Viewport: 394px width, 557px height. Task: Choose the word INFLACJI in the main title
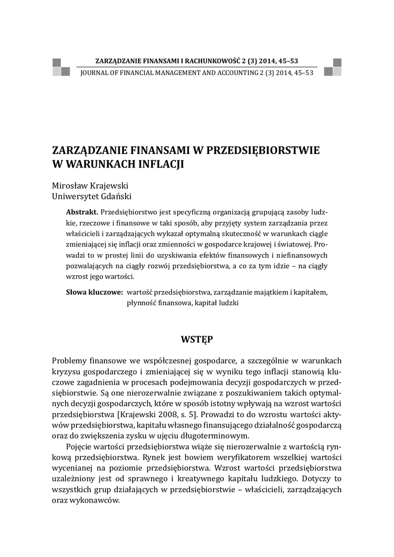click(x=162, y=163)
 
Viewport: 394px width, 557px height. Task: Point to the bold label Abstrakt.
click(x=82, y=212)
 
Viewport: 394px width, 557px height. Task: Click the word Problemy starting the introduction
click(x=72, y=361)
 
